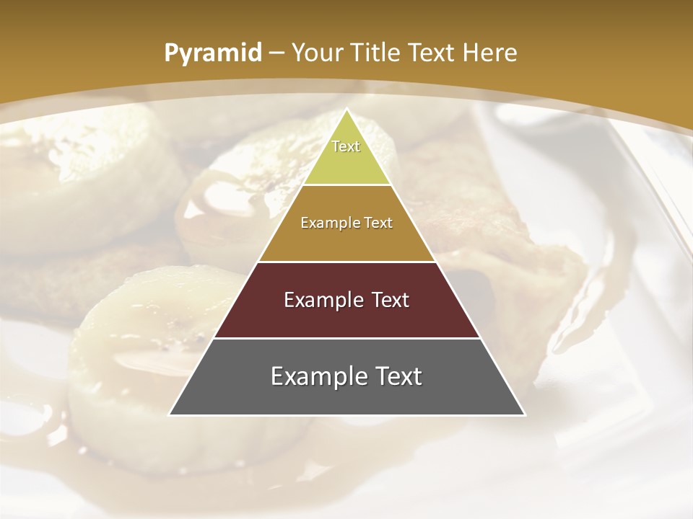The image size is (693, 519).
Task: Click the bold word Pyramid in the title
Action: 212,53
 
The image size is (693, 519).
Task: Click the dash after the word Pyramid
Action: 276,53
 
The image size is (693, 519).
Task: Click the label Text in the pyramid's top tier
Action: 346,146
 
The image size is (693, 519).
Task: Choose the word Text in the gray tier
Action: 396,376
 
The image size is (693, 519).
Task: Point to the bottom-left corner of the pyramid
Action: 170,414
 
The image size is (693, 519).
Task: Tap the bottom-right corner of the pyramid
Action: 524,414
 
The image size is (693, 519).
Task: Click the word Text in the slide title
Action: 430,53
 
